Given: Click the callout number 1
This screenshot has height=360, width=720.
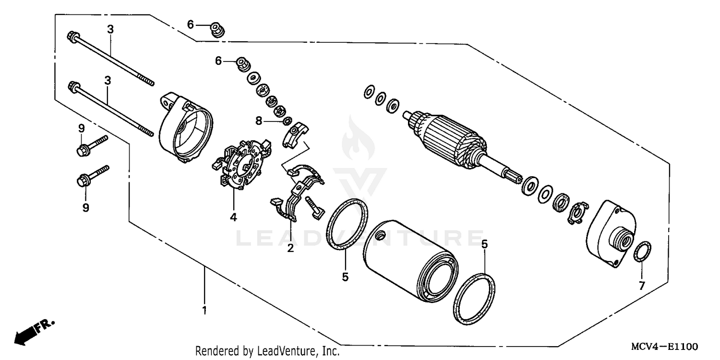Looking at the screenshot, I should click(x=204, y=310).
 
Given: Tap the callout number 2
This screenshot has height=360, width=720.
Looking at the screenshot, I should click(x=290, y=248).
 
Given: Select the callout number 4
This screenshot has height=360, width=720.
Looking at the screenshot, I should click(x=233, y=217).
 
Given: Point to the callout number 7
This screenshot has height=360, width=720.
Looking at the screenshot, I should click(x=642, y=286).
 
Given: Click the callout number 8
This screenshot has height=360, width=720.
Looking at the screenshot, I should click(x=259, y=120).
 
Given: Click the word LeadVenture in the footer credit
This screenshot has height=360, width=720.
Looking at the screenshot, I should click(x=284, y=351).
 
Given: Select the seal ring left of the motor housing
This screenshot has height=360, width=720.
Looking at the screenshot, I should click(x=347, y=224).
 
